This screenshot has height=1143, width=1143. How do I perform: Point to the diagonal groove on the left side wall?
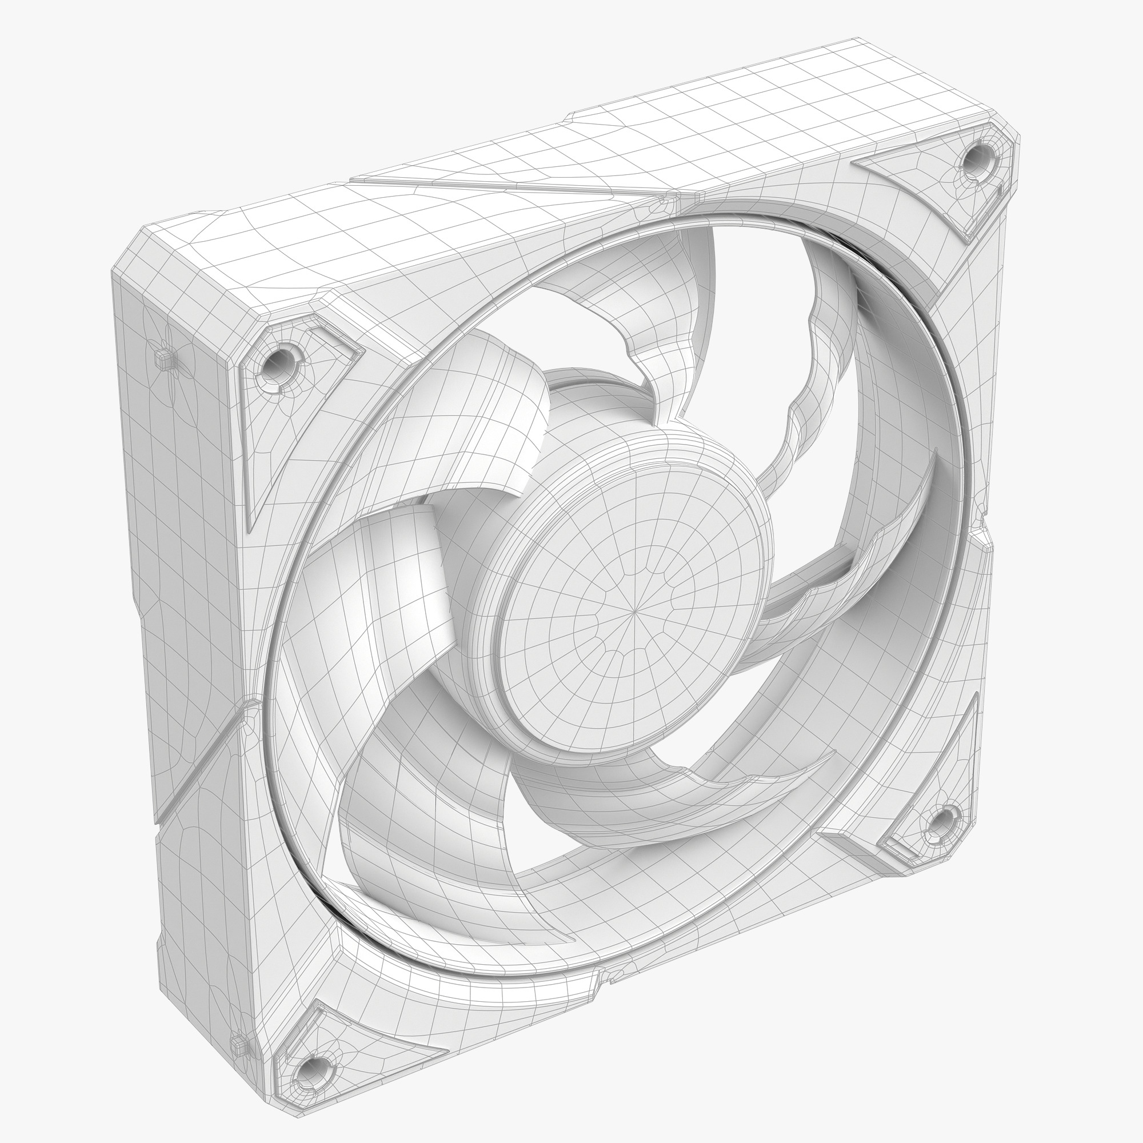195,769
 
